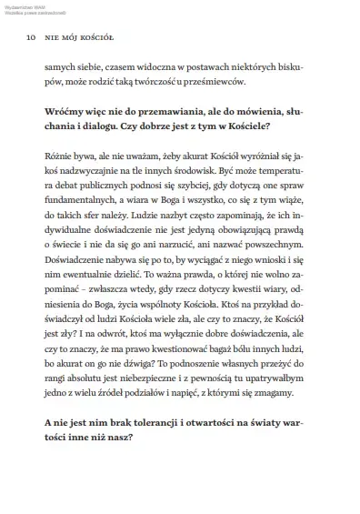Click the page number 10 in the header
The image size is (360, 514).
click(x=32, y=39)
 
